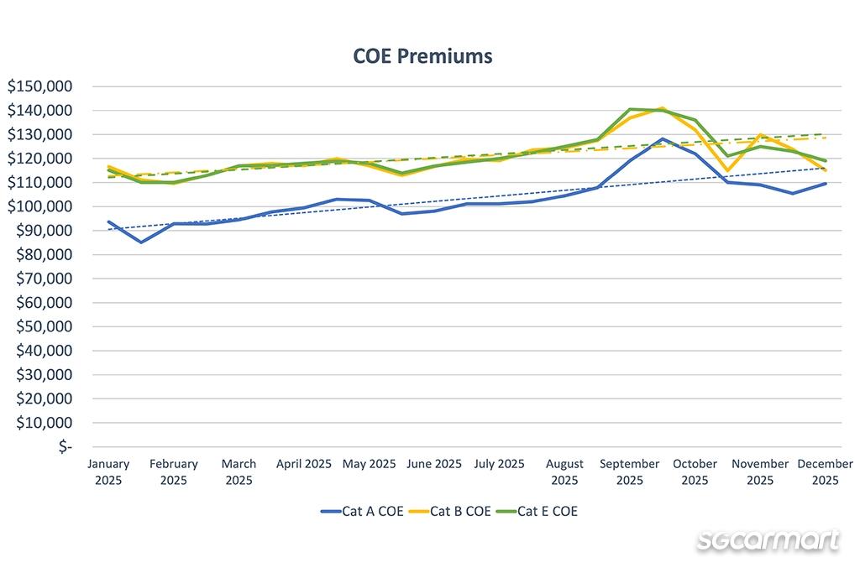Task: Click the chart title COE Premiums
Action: (x=422, y=56)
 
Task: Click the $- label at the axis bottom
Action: (x=63, y=446)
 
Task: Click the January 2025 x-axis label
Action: (x=108, y=471)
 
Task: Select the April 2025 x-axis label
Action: (x=304, y=464)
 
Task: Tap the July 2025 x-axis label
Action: (x=499, y=464)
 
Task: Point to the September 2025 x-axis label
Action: (x=630, y=471)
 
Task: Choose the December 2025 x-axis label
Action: (x=825, y=471)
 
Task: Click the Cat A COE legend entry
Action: (x=362, y=511)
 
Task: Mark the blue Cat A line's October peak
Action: (x=663, y=139)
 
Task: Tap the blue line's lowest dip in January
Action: (x=141, y=242)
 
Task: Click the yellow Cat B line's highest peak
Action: (x=663, y=108)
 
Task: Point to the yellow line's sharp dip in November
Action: (x=728, y=171)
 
